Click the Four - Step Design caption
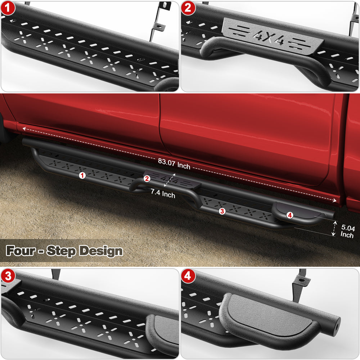click(x=64, y=251)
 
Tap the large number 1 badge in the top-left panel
click(x=8, y=8)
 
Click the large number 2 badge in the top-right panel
click(x=188, y=8)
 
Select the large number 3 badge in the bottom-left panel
click(x=8, y=276)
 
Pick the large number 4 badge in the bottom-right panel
click(x=188, y=276)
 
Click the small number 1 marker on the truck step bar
click(x=82, y=175)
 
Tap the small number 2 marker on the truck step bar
click(x=147, y=178)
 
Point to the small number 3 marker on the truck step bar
click(x=222, y=211)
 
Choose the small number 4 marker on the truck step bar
click(x=290, y=215)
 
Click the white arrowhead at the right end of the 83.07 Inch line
click(x=335, y=200)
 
